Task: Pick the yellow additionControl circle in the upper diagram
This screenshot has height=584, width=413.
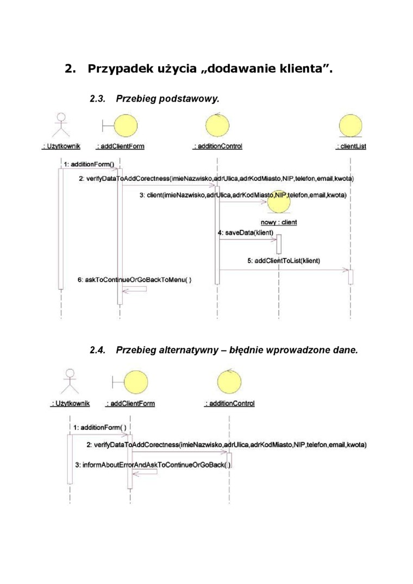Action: coord(217,126)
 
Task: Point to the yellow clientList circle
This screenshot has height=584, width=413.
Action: coord(351,126)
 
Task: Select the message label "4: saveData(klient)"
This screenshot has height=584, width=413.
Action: coord(245,232)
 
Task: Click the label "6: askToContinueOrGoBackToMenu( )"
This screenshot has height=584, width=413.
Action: coord(134,279)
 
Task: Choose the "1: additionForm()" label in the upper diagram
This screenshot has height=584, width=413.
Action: coord(89,164)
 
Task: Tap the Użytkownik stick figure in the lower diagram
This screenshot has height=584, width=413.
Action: coord(70,380)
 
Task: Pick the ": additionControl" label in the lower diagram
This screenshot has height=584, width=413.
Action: coord(230,404)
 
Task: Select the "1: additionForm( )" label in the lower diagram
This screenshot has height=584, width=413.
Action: coord(100,427)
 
